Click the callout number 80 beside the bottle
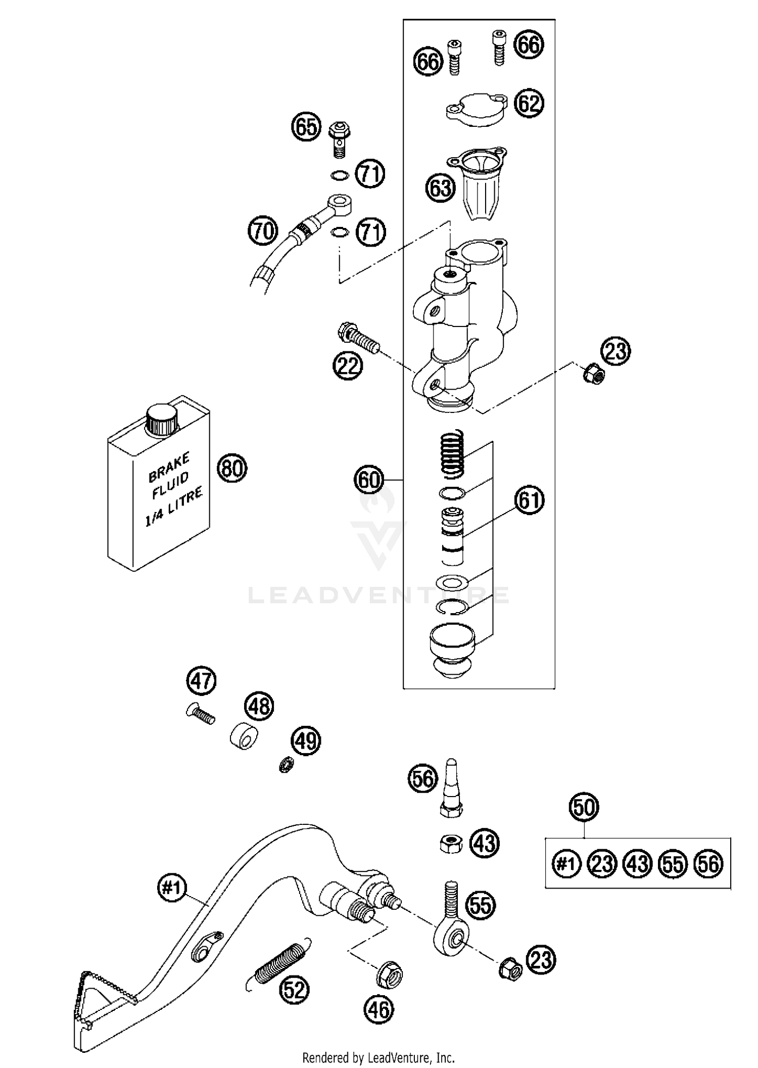232,469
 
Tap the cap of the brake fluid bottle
162,417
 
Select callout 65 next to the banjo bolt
306,127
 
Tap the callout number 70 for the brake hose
263,231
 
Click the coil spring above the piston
453,452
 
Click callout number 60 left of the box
368,479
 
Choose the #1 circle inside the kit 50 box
566,864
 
